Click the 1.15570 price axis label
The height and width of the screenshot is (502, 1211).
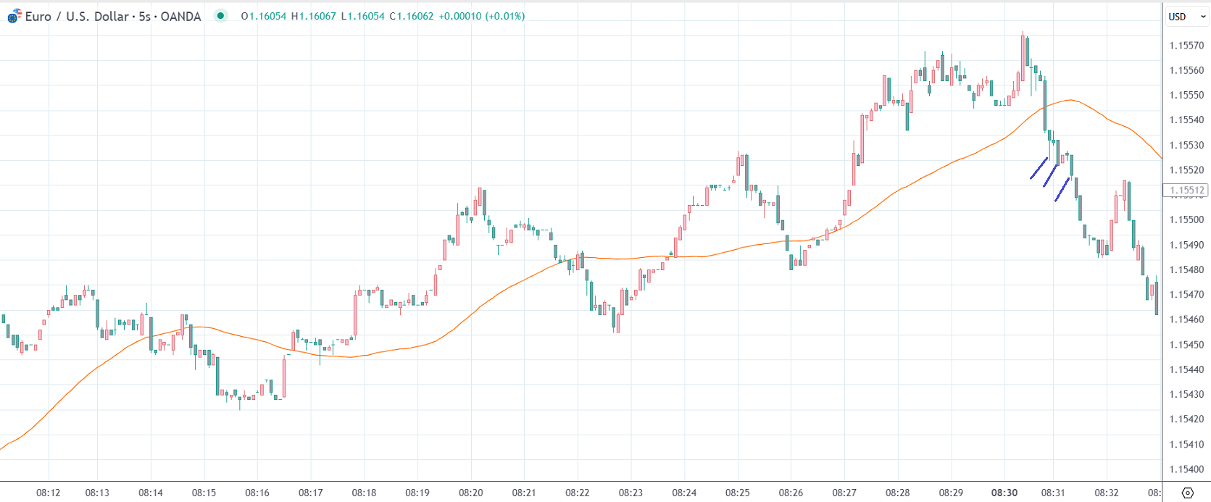[1186, 46]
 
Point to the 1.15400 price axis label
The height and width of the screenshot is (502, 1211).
[1186, 469]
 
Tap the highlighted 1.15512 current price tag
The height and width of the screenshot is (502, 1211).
[1186, 191]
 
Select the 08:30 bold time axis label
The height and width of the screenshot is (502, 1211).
[1004, 493]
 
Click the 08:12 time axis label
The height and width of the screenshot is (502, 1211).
[49, 493]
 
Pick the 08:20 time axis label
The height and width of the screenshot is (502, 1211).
[471, 493]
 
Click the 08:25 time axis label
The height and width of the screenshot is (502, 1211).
[738, 493]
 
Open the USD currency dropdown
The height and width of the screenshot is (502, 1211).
[1186, 17]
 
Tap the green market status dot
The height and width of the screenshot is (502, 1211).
[221, 16]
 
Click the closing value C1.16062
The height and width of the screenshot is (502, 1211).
[412, 16]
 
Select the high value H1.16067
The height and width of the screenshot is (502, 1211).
[314, 16]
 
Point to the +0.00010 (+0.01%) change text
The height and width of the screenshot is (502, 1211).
[482, 16]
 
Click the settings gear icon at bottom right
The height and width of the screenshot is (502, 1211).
[1187, 493]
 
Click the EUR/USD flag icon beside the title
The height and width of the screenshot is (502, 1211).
[14, 16]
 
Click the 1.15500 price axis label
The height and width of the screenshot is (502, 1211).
[1186, 220]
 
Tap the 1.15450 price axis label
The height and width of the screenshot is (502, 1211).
[1186, 345]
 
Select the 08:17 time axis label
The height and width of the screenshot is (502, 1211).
[311, 493]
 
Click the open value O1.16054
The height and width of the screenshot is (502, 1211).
[264, 16]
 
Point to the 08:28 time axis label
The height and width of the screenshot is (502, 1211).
[898, 493]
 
